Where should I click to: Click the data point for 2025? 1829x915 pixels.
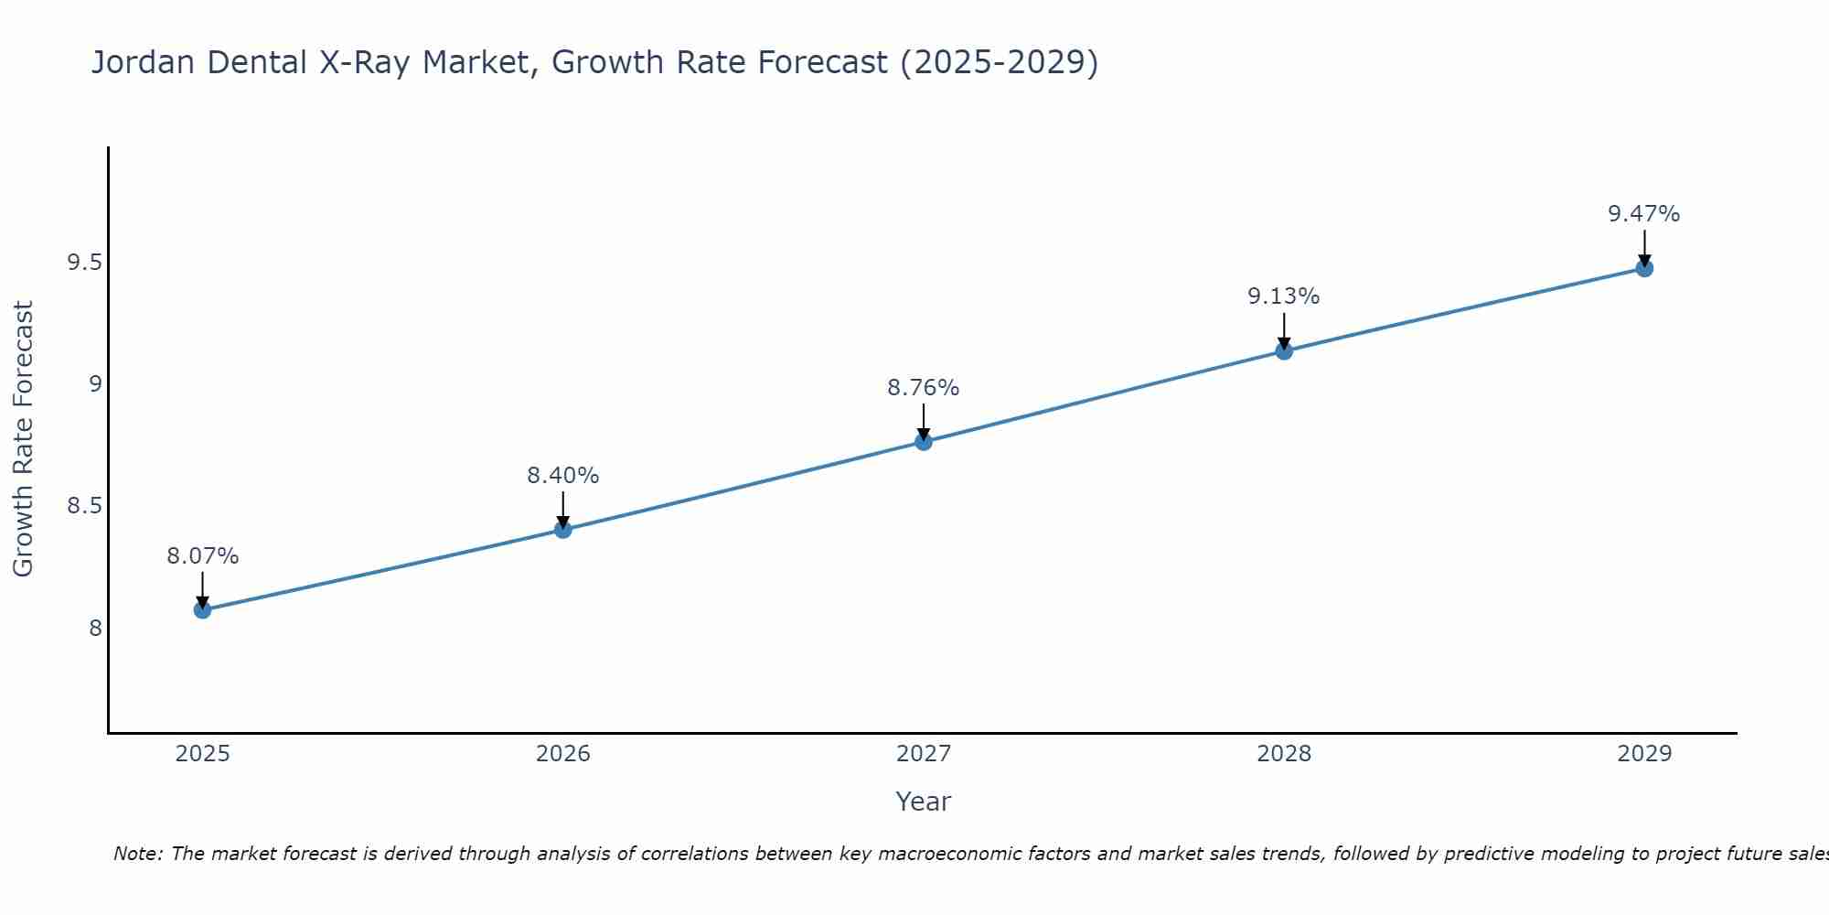(203, 609)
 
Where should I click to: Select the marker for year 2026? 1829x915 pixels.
(563, 529)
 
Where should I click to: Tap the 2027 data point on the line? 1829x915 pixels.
(924, 442)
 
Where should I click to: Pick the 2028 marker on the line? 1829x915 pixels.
(1284, 350)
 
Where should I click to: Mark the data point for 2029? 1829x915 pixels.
(1644, 268)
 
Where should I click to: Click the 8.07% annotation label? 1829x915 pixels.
(203, 556)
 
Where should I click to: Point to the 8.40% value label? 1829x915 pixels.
(563, 476)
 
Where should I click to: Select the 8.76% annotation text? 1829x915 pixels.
(924, 388)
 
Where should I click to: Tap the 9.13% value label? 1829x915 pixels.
(1284, 296)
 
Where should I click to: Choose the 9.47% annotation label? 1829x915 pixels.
(1644, 214)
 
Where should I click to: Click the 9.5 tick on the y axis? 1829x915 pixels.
(84, 264)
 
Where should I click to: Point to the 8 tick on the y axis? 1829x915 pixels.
(95, 629)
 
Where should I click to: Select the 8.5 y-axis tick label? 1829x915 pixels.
(84, 507)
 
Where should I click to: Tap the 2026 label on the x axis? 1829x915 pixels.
(563, 754)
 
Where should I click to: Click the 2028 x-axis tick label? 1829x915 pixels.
(1284, 754)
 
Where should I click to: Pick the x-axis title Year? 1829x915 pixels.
(924, 802)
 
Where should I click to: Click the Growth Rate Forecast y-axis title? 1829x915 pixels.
(24, 439)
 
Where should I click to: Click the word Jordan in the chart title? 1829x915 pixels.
(143, 63)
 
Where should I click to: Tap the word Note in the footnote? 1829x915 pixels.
(137, 854)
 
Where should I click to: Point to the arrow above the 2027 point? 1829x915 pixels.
(924, 421)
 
